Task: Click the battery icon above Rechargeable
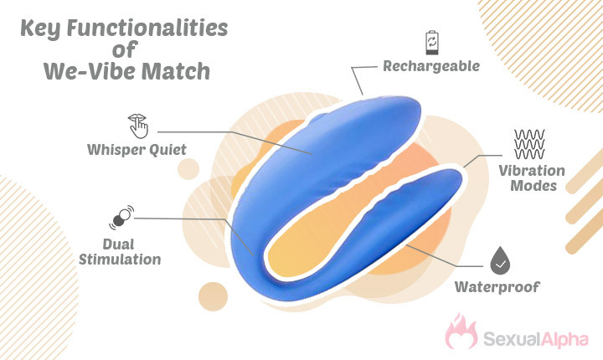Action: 431,43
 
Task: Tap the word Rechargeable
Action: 431,66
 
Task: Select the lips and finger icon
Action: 138,126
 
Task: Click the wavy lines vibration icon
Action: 529,144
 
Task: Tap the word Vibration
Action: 532,171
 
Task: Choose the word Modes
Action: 533,186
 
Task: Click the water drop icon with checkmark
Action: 500,260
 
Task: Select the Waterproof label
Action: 497,287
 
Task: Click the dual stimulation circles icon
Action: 121,218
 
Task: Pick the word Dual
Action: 118,244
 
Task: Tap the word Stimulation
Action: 120,260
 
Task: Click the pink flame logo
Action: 461,332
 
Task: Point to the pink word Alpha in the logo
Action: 564,339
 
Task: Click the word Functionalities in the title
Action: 147,28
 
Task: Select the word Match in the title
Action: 176,72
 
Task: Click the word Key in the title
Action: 40,29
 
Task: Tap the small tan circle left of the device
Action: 188,169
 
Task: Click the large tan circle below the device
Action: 213,296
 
